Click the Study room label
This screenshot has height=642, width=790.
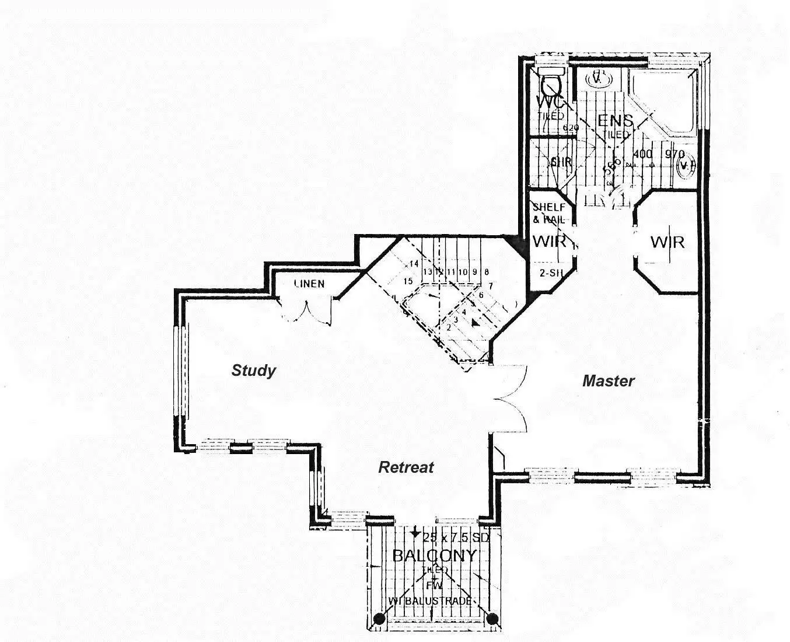pyautogui.click(x=253, y=371)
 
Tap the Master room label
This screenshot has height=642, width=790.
pyautogui.click(x=608, y=381)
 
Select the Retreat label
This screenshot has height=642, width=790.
pyautogui.click(x=406, y=467)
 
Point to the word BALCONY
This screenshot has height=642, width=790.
pyautogui.click(x=434, y=555)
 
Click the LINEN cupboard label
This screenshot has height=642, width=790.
pyautogui.click(x=309, y=284)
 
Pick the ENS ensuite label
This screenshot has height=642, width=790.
pyautogui.click(x=615, y=121)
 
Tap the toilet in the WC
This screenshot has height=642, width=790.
pyautogui.click(x=551, y=83)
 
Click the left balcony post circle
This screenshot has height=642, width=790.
pyautogui.click(x=379, y=619)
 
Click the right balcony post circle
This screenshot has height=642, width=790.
pyautogui.click(x=492, y=619)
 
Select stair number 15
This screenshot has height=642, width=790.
pyautogui.click(x=408, y=281)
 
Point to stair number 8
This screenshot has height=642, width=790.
pyautogui.click(x=486, y=271)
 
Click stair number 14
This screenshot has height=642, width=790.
pyautogui.click(x=414, y=264)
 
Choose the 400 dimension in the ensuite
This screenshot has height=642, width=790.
pyautogui.click(x=642, y=154)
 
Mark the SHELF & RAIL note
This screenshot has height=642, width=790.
pyautogui.click(x=548, y=214)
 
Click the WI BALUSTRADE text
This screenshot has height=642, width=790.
pyautogui.click(x=430, y=601)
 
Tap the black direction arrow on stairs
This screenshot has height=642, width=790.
pyautogui.click(x=476, y=322)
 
